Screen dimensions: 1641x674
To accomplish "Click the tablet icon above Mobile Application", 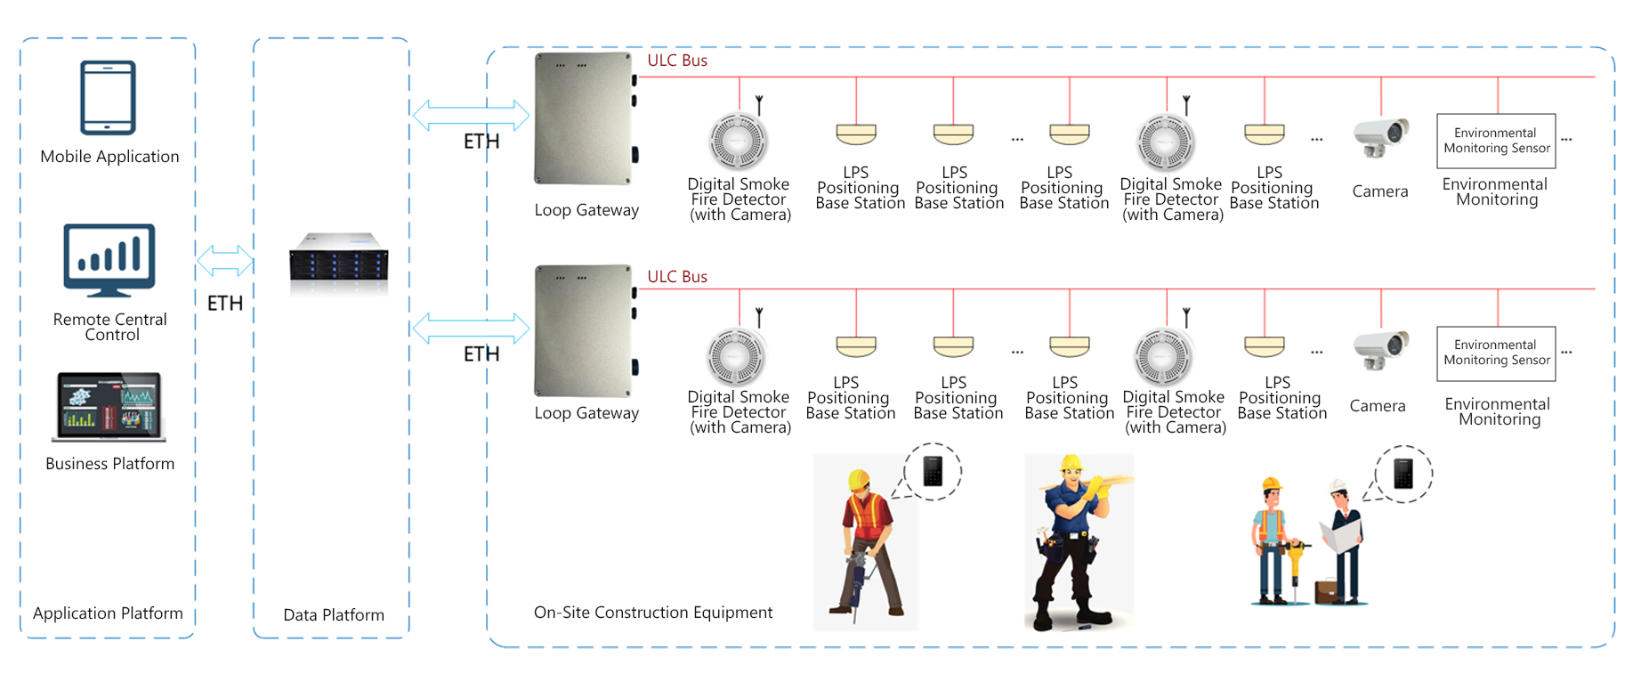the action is tap(108, 97).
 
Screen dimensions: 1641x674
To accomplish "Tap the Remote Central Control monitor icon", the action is tap(109, 260).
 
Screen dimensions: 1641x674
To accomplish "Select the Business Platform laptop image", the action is tap(109, 407).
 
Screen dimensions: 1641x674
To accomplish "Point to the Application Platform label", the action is tap(108, 613).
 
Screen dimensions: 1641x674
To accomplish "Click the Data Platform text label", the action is tap(334, 614).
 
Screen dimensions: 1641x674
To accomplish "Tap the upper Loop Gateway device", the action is tap(585, 118).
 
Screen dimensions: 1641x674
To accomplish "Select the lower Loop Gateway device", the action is tap(585, 331).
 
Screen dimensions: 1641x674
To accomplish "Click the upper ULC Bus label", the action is tap(677, 61).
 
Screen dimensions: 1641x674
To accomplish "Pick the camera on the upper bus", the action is tap(1381, 138).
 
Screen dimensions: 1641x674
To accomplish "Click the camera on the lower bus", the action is tap(1381, 351).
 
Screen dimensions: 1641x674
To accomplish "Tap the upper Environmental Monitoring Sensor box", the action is tap(1496, 141).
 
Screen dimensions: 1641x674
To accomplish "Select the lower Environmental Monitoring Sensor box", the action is tap(1496, 353).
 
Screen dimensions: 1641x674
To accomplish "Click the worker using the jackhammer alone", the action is tap(865, 543).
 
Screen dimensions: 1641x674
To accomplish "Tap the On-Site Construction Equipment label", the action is tap(653, 613).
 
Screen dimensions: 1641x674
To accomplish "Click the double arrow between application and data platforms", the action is tap(224, 261).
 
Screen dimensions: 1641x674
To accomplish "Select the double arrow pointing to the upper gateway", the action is tap(471, 116).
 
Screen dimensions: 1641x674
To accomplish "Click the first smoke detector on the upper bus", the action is tap(738, 141).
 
